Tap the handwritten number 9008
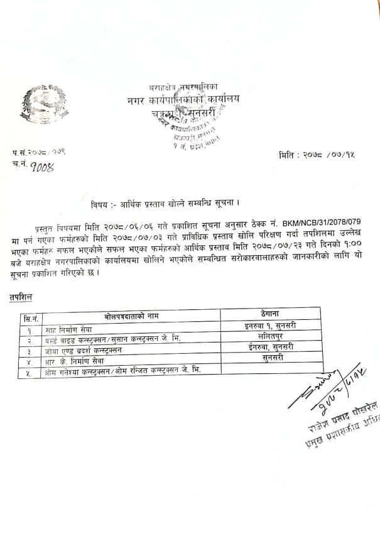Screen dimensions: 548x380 tap(39, 166)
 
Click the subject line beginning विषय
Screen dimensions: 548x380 tap(166, 204)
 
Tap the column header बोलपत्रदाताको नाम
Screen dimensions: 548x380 tap(135, 315)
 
